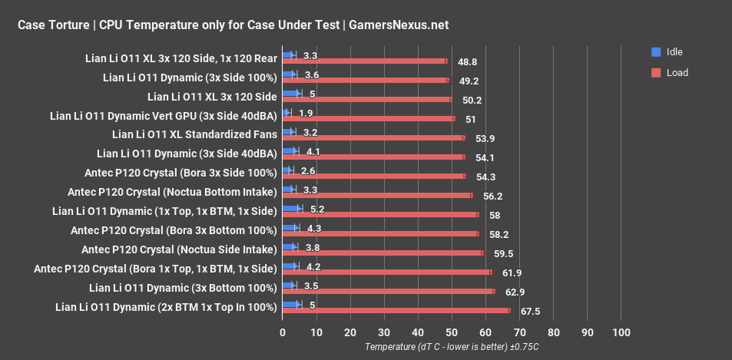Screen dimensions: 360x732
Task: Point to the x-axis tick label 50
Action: pos(452,332)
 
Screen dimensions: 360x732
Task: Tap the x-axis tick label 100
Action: pos(621,332)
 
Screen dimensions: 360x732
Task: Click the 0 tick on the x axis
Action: pos(283,332)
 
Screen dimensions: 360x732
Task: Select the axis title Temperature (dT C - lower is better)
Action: pos(452,347)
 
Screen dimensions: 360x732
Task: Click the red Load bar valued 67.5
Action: pos(396,311)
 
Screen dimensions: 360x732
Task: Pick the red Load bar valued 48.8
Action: pos(365,61)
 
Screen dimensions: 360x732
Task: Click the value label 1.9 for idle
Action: pos(306,113)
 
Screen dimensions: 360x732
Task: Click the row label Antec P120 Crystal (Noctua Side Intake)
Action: pos(178,249)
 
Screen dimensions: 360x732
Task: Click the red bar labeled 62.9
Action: pos(389,292)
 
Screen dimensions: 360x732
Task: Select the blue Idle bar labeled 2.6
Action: pos(287,170)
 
